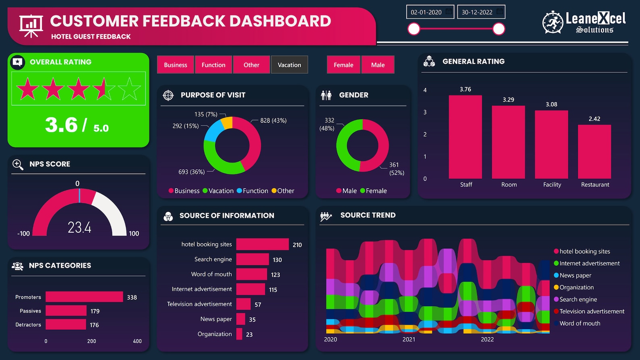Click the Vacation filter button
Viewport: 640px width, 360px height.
(289, 65)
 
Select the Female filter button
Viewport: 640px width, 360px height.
(343, 65)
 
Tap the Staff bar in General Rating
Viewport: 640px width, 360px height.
(465, 137)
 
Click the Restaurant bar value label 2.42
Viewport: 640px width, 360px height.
(594, 119)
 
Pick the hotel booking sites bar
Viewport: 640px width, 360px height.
(262, 244)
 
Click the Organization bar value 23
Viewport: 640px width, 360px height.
(249, 335)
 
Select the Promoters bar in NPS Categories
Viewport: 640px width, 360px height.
(84, 297)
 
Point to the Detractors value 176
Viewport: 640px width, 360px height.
(94, 325)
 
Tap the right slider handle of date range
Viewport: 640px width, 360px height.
(499, 29)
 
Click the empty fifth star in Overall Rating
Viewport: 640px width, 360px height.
(129, 89)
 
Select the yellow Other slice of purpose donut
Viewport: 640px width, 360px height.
(227, 122)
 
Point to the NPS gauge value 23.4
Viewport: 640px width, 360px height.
(79, 228)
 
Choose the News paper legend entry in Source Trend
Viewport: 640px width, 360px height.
(575, 275)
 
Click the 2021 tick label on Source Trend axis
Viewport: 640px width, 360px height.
(409, 339)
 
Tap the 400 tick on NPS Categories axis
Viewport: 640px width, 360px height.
(137, 341)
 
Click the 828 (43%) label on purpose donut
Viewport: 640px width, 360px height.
(273, 121)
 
